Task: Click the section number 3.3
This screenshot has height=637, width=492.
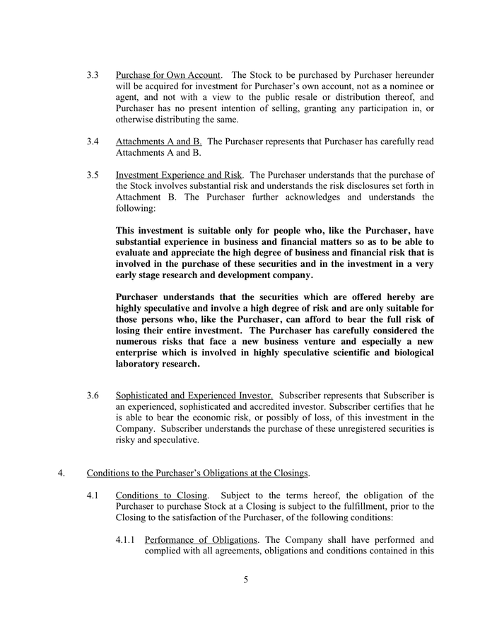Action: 93,75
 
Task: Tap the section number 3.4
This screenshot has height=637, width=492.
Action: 93,142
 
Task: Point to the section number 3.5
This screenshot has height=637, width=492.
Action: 93,175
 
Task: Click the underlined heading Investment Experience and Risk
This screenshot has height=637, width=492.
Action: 180,175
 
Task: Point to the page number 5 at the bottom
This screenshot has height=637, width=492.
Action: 246,580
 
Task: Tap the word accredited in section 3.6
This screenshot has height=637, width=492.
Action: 265,406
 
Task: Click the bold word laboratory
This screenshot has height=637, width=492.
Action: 142,365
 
